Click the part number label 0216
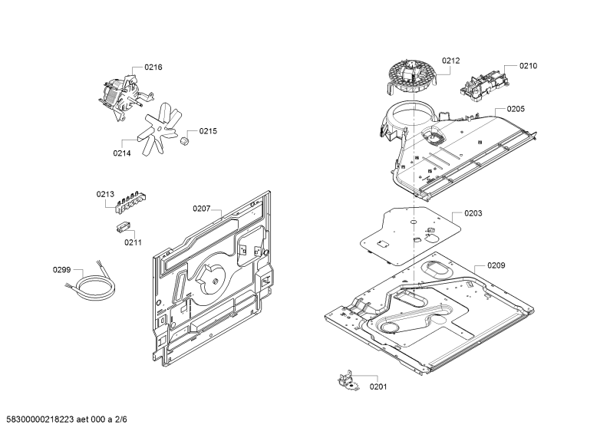tap(153, 67)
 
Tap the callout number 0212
tap(450, 61)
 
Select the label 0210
tap(529, 66)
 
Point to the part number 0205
tap(516, 109)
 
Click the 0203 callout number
tap(473, 213)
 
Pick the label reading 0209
tap(496, 265)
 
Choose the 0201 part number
tap(378, 387)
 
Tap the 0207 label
tap(202, 209)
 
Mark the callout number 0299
tap(62, 270)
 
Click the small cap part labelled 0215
tap(184, 140)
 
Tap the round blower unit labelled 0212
tap(411, 77)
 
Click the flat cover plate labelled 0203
tap(410, 236)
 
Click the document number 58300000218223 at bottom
tap(40, 419)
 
